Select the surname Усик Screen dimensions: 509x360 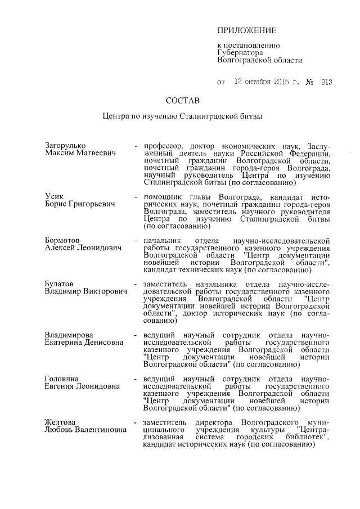pos(55,195)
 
